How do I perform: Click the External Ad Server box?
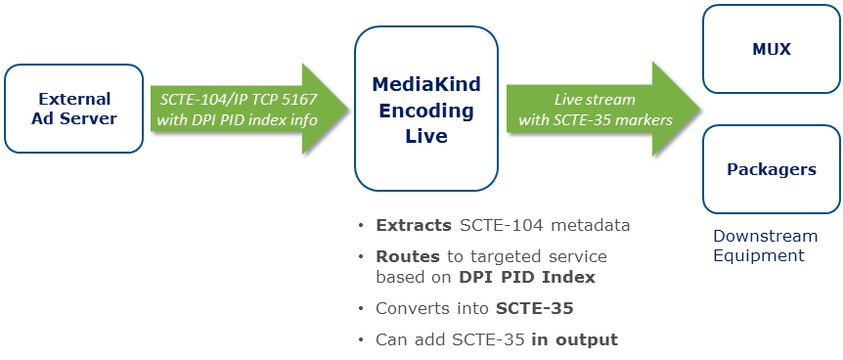click(x=73, y=109)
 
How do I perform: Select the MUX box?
click(x=771, y=49)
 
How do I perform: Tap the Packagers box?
click(x=771, y=169)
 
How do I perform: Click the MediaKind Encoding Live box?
click(x=425, y=109)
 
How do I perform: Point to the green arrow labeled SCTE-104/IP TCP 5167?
click(x=250, y=109)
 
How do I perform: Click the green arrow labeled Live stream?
click(x=603, y=109)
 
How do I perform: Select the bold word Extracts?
click(x=414, y=225)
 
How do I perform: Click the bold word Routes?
click(x=408, y=256)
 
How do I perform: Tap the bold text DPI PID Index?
click(x=527, y=277)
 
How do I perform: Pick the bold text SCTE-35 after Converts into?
click(x=534, y=308)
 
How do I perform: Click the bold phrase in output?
click(x=575, y=340)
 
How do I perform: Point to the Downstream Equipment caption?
click(x=765, y=246)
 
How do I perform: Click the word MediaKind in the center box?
click(x=426, y=84)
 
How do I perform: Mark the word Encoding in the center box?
click(x=426, y=111)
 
